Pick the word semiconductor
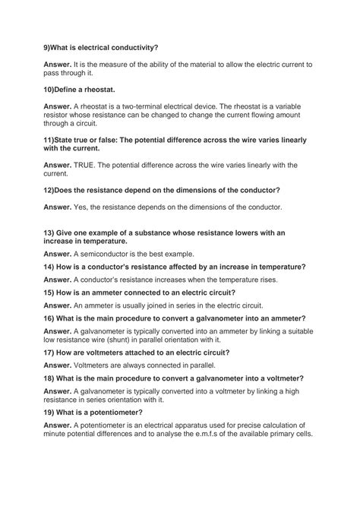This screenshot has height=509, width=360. [x=107, y=253]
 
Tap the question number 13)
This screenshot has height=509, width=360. [x=49, y=232]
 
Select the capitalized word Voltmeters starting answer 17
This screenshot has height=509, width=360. [x=95, y=365]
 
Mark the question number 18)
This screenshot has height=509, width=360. [x=49, y=378]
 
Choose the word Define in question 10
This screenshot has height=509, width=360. [x=71, y=89]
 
